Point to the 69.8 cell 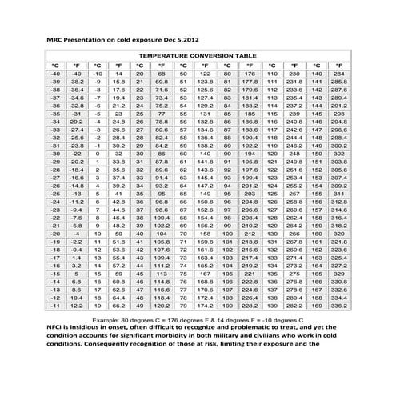162,82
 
